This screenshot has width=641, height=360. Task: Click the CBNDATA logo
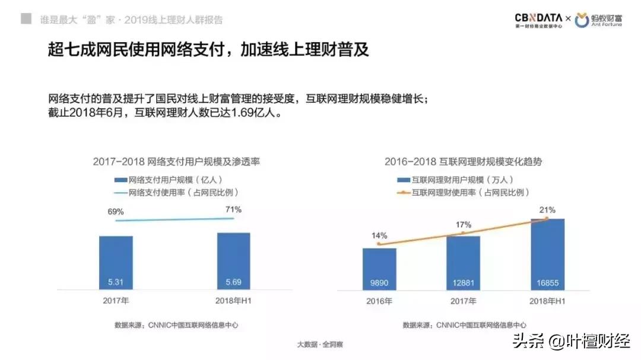(x=539, y=21)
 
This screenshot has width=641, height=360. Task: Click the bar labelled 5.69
(x=233, y=261)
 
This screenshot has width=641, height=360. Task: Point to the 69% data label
(x=116, y=212)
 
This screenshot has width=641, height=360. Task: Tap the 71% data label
(x=233, y=209)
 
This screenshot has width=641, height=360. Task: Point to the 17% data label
(x=464, y=225)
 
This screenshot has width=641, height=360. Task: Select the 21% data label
(x=547, y=209)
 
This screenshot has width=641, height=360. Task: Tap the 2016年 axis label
(x=379, y=301)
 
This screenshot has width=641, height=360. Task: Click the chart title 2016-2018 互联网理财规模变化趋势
(x=463, y=161)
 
